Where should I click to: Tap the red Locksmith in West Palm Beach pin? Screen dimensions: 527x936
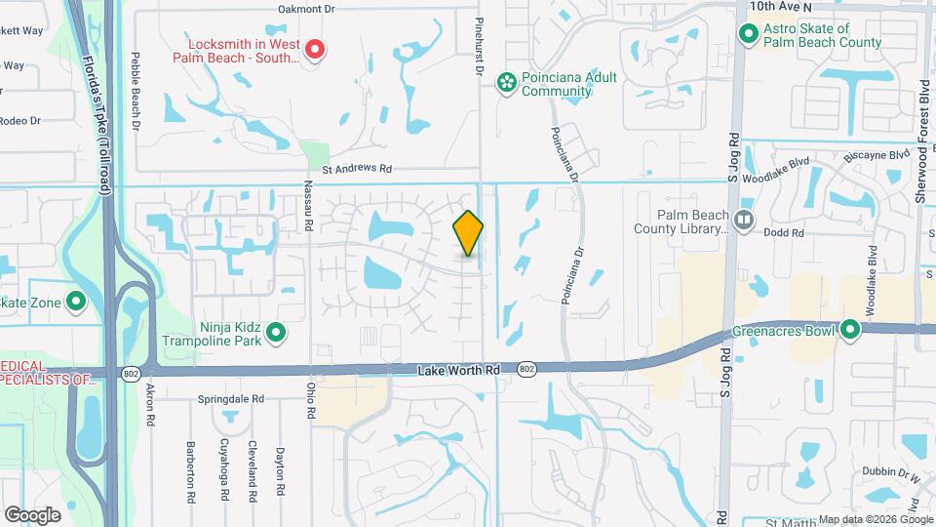click(x=315, y=49)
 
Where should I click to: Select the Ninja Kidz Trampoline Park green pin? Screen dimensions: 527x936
click(x=276, y=334)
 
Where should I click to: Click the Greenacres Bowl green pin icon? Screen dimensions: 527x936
click(x=850, y=330)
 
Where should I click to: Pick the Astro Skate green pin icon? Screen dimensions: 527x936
click(x=749, y=34)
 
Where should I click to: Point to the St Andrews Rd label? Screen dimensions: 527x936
click(x=359, y=169)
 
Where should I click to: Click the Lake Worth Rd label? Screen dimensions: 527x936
click(x=458, y=371)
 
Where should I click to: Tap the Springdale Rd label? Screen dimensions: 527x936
click(x=231, y=399)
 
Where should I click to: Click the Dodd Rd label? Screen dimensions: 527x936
click(x=784, y=233)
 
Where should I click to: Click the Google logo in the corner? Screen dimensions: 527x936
click(x=33, y=514)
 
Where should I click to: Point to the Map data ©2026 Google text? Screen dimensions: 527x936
click(x=875, y=519)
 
